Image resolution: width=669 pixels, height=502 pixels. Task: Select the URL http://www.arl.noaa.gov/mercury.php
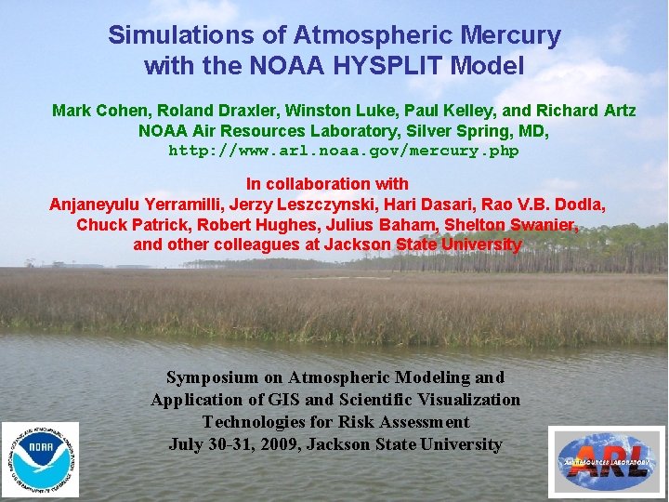344,151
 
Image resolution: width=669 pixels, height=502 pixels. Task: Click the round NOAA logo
40,458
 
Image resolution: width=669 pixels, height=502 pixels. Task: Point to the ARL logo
606,461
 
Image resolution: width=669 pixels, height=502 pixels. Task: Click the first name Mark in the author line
71,111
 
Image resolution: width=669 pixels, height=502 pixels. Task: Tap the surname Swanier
544,225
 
